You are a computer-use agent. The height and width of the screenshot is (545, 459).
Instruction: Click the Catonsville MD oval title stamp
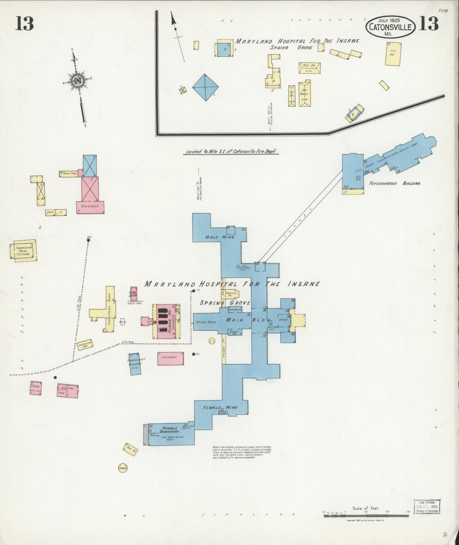[x=390, y=26]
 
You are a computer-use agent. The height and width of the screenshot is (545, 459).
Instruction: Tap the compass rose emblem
[x=77, y=79]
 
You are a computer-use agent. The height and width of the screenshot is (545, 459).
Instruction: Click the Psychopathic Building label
[x=395, y=183]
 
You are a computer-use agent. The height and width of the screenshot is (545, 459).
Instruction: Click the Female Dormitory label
[x=171, y=430]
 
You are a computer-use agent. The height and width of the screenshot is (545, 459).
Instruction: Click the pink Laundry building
[x=171, y=358]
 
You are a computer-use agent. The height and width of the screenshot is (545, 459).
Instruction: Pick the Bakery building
[x=67, y=391]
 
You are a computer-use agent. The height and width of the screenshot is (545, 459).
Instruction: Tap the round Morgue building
[x=123, y=468]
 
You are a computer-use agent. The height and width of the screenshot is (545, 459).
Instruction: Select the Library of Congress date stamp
[x=427, y=506]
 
